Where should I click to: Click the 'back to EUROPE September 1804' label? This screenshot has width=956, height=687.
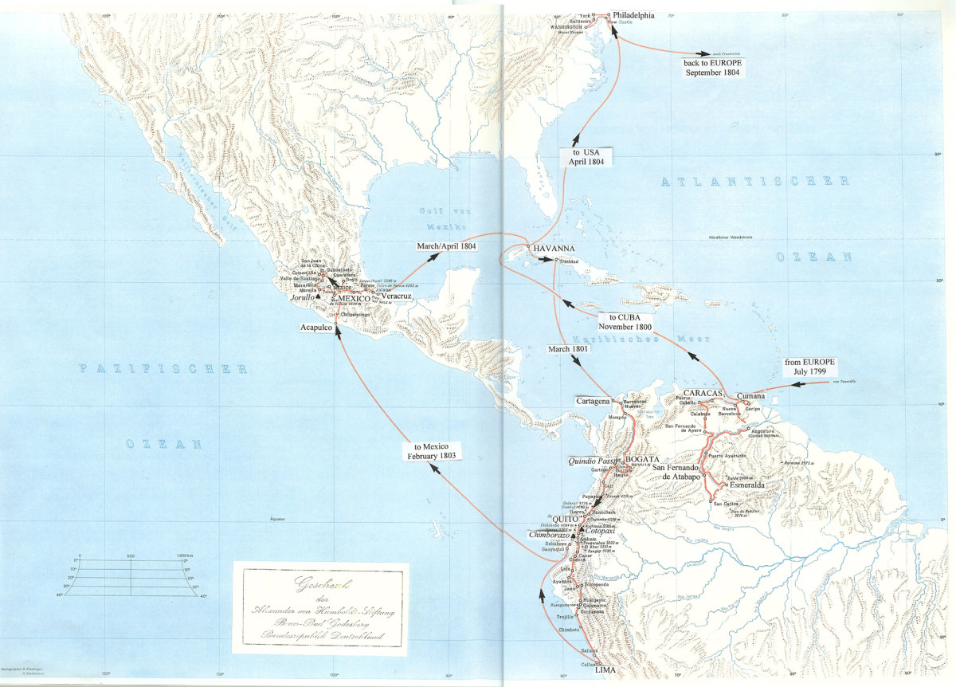click(x=712, y=67)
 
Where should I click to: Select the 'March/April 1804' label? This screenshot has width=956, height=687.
click(x=446, y=246)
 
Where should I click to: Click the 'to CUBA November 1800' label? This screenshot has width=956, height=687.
click(x=625, y=321)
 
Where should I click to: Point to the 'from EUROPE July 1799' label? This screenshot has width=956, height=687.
click(x=808, y=367)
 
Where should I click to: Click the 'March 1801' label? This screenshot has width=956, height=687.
click(x=569, y=349)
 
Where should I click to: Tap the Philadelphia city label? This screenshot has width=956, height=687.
click(x=633, y=15)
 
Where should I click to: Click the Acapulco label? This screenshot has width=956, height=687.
click(x=316, y=327)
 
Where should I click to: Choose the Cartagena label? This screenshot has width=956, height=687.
click(x=593, y=400)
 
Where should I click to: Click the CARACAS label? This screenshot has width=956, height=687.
click(x=702, y=394)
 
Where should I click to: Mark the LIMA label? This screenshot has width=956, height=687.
click(x=605, y=671)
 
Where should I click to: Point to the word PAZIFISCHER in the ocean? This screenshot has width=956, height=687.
click(x=163, y=369)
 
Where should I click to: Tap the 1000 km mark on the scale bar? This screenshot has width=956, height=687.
click(x=185, y=555)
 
